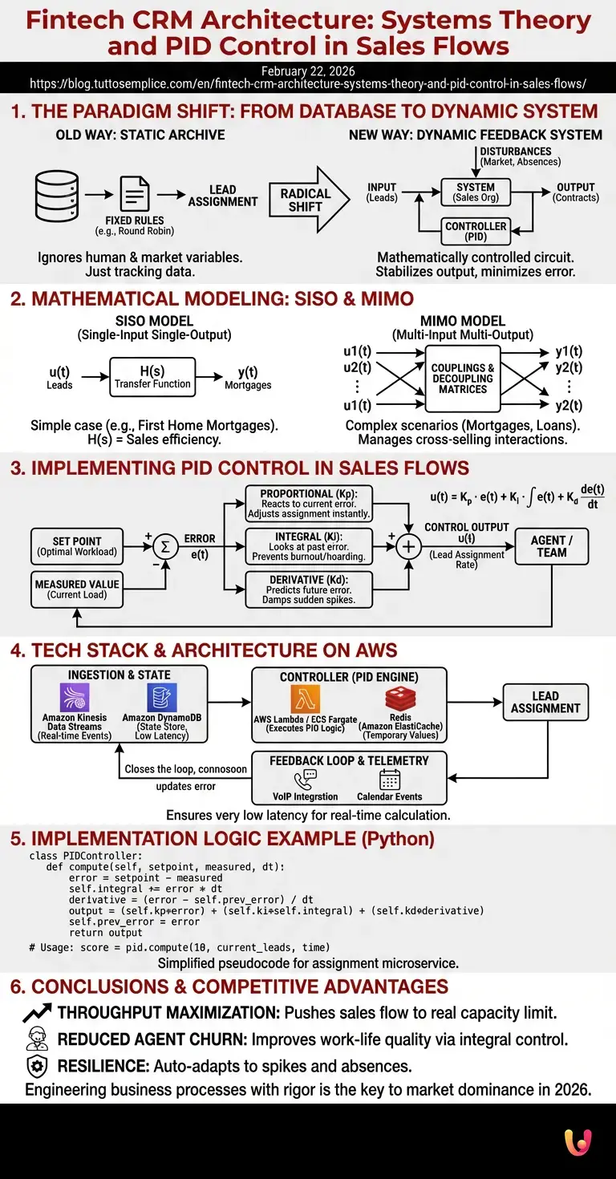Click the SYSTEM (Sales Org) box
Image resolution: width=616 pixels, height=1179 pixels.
click(476, 192)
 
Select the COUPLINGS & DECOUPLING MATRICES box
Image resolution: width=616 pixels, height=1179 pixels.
click(463, 378)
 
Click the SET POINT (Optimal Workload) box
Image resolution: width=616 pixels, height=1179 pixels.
click(77, 546)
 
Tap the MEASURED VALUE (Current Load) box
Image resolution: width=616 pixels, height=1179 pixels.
click(77, 589)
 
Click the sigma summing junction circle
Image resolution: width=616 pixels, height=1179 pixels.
click(165, 546)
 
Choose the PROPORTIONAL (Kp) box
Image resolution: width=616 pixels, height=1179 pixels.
click(309, 504)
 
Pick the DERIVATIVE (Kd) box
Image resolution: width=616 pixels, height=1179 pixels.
click(309, 589)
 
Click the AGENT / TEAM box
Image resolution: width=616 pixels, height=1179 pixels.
click(552, 546)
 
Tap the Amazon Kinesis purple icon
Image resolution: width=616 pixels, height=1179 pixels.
click(75, 697)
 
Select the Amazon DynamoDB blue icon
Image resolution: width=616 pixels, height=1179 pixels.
click(161, 697)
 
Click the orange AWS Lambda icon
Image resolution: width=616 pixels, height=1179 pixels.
click(306, 699)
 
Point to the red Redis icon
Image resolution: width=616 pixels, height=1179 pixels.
click(400, 699)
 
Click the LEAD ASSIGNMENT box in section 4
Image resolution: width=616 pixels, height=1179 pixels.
click(545, 703)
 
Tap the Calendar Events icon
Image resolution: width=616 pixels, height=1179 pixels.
click(390, 780)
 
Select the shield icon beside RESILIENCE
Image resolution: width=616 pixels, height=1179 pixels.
click(37, 1066)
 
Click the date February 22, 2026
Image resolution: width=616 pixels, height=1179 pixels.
click(308, 71)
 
